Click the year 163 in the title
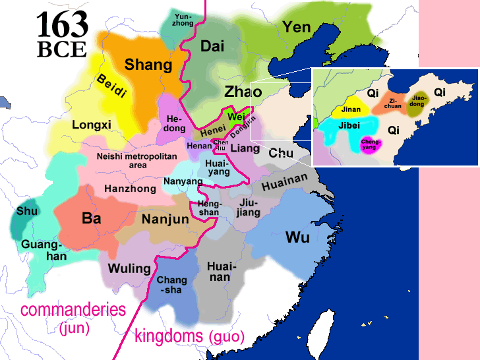[62, 25]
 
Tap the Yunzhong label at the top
[183, 19]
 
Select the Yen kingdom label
[297, 27]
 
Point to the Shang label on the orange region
[148, 65]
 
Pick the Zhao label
[243, 91]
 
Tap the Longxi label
[92, 124]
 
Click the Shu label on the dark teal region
[26, 211]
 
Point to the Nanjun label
[165, 219]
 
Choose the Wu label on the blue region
[297, 237]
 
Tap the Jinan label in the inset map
[351, 109]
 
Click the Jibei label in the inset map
[350, 125]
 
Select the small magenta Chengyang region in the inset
[369, 144]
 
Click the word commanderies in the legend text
[73, 309]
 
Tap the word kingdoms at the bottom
[169, 336]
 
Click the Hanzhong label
[130, 189]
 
